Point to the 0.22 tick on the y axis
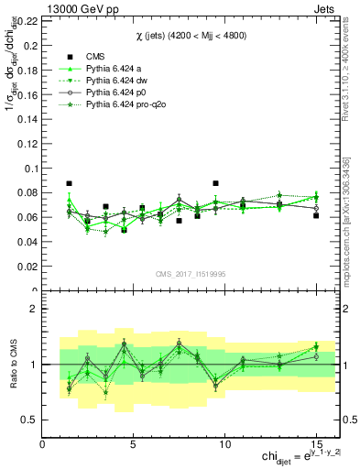(27, 19)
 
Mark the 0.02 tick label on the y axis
(27, 267)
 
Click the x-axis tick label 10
(224, 444)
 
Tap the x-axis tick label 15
(315, 444)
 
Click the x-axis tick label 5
(134, 444)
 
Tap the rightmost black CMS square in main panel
(316, 215)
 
